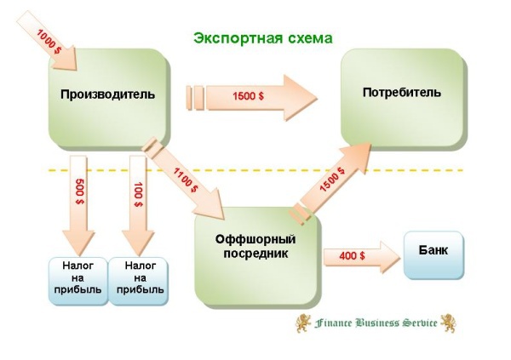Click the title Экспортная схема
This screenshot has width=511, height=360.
pyautogui.click(x=261, y=38)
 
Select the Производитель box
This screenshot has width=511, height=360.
pyautogui.click(x=107, y=94)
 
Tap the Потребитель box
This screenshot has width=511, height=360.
pyautogui.click(x=401, y=93)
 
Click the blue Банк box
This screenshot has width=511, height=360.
pyautogui.click(x=434, y=253)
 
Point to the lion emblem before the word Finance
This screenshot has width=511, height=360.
pyautogui.click(x=302, y=323)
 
